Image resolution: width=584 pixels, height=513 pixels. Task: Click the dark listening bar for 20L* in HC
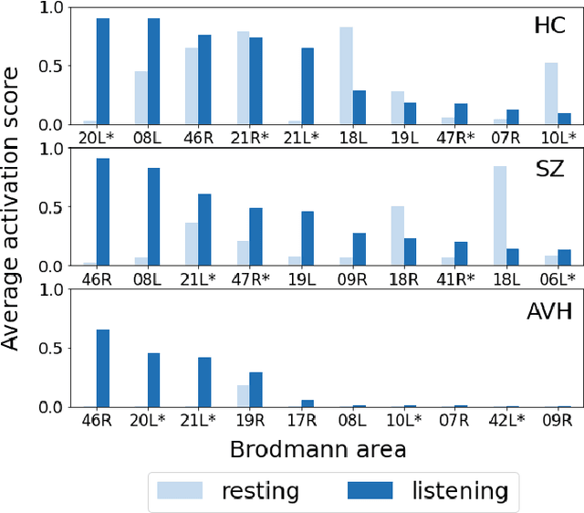tap(103, 71)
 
